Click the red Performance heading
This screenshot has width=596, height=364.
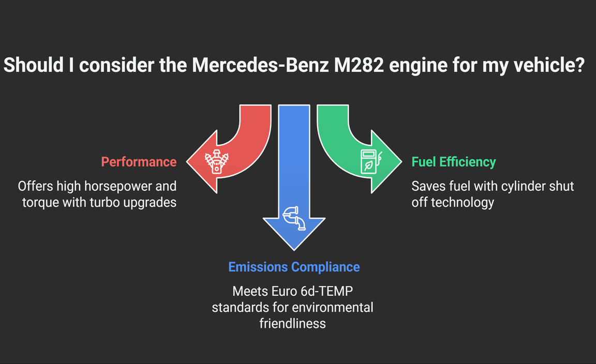pyautogui.click(x=139, y=162)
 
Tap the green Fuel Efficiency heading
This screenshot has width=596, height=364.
pyautogui.click(x=454, y=162)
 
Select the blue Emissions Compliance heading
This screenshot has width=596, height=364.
pyautogui.click(x=294, y=267)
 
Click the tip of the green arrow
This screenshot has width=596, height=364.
pyautogui.click(x=400, y=162)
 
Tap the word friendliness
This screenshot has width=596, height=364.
pyautogui.click(x=293, y=323)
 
